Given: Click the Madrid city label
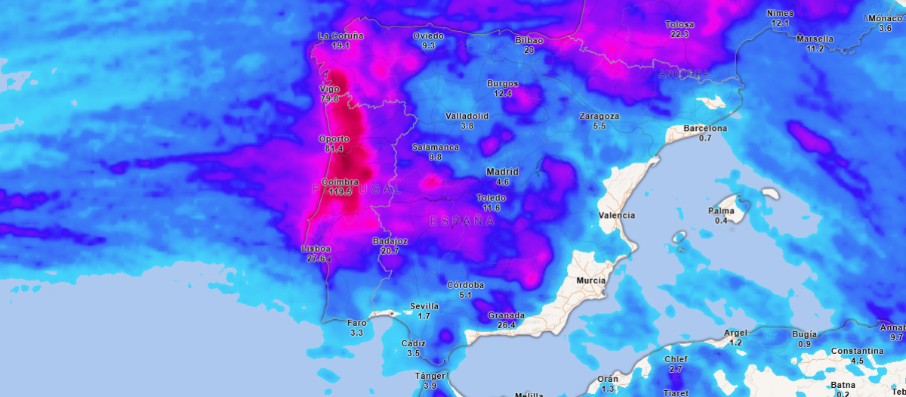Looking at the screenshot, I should (x=503, y=172).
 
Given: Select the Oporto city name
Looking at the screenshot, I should (x=334, y=139).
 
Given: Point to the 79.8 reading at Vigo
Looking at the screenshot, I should (x=329, y=98).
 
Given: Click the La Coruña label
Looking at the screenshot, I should (x=341, y=36).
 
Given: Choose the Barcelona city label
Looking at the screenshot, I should (x=705, y=129).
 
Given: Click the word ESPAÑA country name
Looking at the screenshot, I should (x=462, y=221).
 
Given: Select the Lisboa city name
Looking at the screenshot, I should (x=316, y=249).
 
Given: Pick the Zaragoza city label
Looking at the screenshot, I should (x=599, y=116).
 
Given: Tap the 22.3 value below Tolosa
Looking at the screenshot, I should (x=679, y=34).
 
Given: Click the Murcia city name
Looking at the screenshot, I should (x=590, y=281).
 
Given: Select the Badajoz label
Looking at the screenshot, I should (x=390, y=241).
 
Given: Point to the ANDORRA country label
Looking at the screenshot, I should (x=684, y=74).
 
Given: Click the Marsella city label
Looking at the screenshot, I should (x=815, y=39).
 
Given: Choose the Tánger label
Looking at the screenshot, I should (x=430, y=376).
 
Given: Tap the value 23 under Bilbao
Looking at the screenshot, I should (x=529, y=50).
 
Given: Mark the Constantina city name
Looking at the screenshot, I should (x=857, y=351).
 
